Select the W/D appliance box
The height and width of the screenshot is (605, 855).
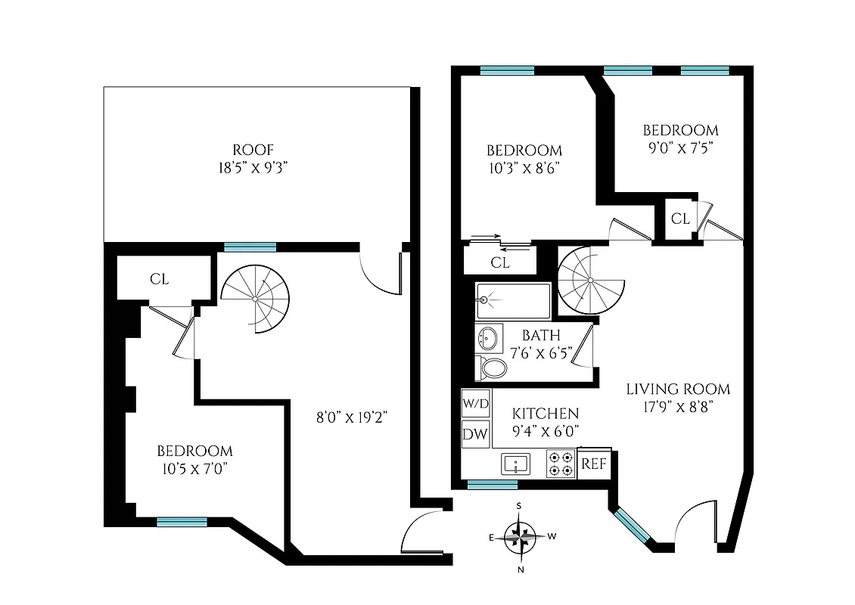coord(475,403)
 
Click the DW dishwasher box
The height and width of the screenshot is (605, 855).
coord(475,434)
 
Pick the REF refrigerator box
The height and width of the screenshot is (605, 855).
coord(594,464)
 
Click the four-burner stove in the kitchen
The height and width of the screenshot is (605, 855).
coord(561,464)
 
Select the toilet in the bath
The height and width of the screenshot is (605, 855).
coord(493,368)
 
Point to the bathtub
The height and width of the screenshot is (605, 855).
coord(513,300)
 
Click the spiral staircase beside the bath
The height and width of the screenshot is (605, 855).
coord(591,281)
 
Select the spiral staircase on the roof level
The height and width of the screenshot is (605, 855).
coord(256,298)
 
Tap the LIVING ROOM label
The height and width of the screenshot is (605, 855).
coord(678,389)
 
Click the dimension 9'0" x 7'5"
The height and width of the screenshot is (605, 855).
coord(679,147)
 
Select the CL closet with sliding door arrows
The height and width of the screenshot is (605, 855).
coord(499,262)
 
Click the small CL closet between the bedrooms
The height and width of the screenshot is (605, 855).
coord(680,219)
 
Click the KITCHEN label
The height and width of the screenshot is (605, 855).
coord(546,414)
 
